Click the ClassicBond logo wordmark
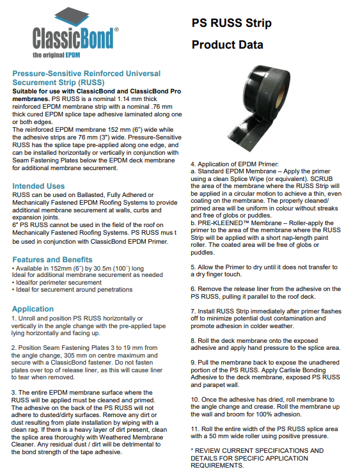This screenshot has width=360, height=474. (73, 38)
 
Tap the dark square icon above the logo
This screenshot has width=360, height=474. (72, 17)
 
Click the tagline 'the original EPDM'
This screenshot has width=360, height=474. (56, 55)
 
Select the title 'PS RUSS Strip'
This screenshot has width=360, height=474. (231, 23)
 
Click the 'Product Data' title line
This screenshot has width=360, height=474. (227, 45)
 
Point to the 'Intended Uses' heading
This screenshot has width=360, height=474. (38, 186)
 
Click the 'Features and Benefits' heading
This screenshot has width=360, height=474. (52, 259)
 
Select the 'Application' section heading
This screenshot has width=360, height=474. (33, 309)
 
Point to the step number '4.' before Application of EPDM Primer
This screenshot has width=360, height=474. (193, 164)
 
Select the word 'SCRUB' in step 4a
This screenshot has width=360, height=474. (321, 178)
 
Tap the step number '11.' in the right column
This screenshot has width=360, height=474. (195, 429)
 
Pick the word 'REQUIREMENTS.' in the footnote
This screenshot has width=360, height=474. (217, 466)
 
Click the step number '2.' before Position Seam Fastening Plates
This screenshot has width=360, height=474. (14, 348)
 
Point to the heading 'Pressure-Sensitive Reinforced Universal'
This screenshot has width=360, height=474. (86, 74)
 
